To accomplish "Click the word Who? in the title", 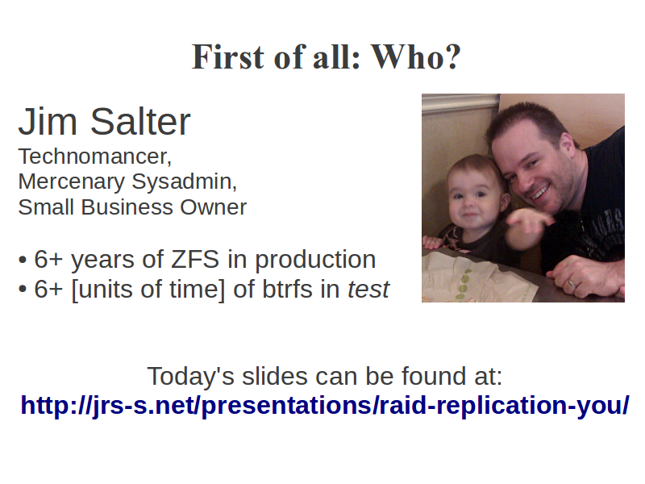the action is (x=415, y=56).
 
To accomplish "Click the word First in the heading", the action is (x=228, y=56).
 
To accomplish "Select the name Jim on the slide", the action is (x=48, y=122).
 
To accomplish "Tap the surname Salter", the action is (x=140, y=122).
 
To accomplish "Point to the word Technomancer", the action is (x=94, y=156).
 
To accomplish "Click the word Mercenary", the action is (x=71, y=182).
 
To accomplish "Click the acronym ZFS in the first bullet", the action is (x=195, y=260).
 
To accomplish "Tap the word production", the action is (x=315, y=261).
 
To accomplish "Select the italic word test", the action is (x=368, y=290).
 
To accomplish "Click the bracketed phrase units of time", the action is (x=148, y=290).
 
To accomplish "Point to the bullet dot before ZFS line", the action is (x=23, y=261).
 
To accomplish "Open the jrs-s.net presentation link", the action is (x=325, y=406).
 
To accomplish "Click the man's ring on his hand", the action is (x=572, y=283).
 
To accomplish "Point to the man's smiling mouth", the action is (x=540, y=192).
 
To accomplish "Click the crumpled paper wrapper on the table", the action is (x=477, y=278).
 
